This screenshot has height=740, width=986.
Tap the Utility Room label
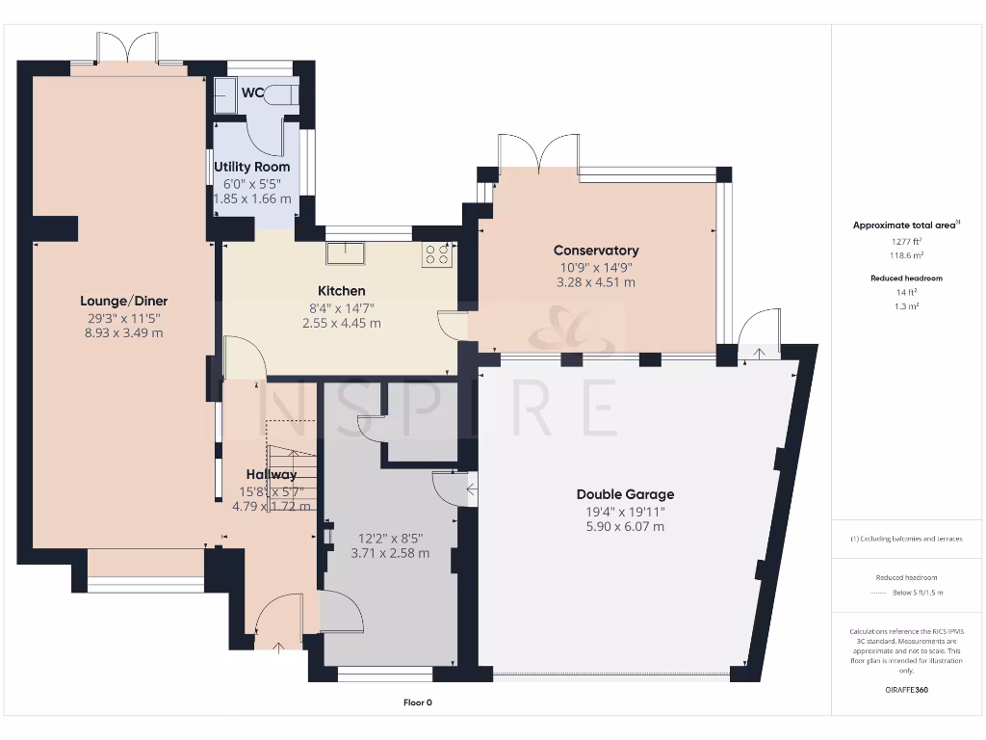coord(251,168)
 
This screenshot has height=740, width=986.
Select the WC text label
coord(253,93)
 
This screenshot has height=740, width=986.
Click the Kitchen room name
coord(342,290)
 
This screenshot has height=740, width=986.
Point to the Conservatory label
coord(596,251)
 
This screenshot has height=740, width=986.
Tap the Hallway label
coord(271,474)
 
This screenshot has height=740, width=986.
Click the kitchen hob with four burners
coord(436,253)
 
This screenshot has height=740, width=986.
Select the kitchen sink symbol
coord(344,252)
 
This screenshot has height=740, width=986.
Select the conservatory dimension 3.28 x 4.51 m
coord(596,282)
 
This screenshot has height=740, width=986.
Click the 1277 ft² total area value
coord(904,241)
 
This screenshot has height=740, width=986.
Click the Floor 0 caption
coord(417,702)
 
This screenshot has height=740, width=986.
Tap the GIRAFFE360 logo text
coord(905,690)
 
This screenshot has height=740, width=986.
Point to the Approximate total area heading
coord(904,225)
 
